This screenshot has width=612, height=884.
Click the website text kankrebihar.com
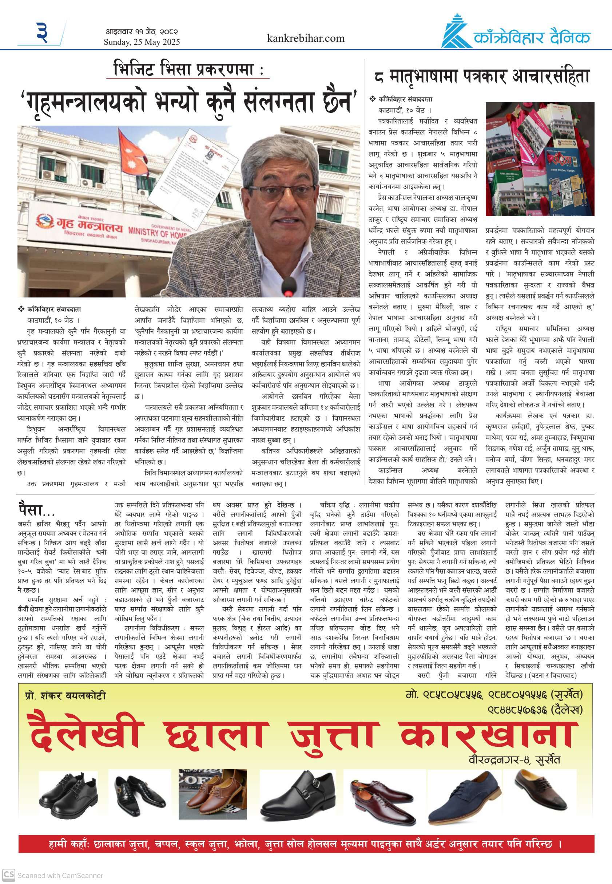pos(306,38)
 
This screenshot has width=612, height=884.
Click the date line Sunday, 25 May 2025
pos(142,42)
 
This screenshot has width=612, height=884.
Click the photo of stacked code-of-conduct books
pos(540,159)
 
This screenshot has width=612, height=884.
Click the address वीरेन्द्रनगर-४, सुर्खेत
pos(514,759)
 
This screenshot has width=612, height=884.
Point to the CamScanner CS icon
pos(9,875)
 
